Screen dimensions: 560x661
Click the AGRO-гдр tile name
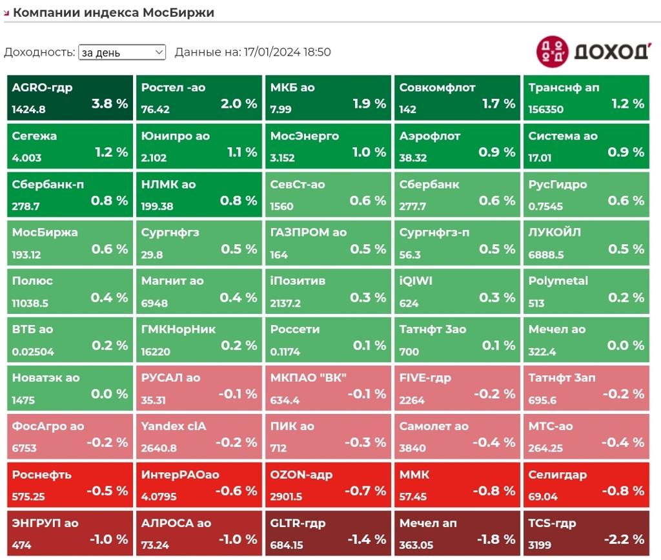click(42, 88)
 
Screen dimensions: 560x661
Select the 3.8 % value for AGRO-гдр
click(110, 103)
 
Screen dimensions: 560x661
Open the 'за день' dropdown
click(122, 52)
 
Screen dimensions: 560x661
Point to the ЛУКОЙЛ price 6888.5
click(546, 254)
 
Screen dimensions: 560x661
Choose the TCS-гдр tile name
click(552, 523)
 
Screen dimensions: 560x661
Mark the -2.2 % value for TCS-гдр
click(624, 539)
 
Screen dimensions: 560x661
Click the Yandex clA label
click(174, 426)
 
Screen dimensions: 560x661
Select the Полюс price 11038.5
click(30, 303)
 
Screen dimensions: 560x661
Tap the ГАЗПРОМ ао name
click(309, 233)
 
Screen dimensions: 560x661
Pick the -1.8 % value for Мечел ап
click(496, 539)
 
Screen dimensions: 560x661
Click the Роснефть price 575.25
click(28, 497)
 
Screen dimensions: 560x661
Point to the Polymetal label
click(558, 281)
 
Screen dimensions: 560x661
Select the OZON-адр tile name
click(301, 475)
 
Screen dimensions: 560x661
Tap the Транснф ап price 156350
click(546, 109)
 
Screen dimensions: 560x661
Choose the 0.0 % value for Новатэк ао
click(110, 394)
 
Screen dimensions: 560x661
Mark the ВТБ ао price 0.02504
click(33, 351)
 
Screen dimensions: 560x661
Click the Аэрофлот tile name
click(430, 136)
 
